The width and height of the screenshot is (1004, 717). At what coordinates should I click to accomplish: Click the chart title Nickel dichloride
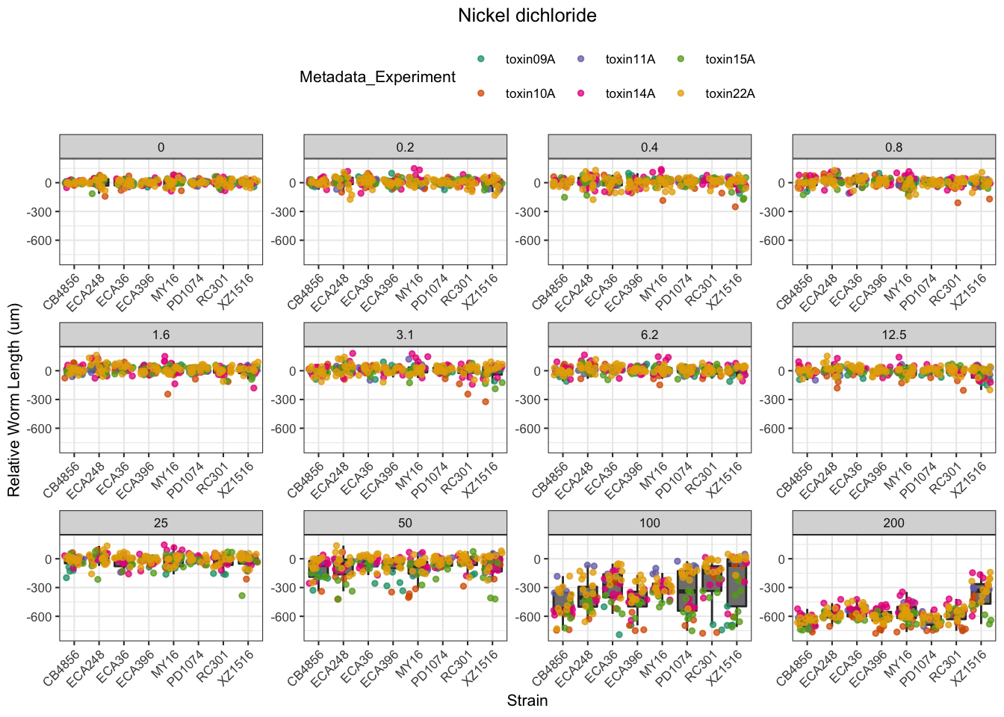click(527, 16)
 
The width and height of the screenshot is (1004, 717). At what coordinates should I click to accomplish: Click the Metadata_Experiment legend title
click(377, 77)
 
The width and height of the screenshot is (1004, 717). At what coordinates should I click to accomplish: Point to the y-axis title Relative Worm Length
click(14, 400)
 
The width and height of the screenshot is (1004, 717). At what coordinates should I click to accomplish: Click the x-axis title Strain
click(527, 701)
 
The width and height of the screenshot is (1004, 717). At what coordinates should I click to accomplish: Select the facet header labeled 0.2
click(405, 147)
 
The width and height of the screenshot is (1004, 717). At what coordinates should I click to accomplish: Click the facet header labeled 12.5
click(893, 335)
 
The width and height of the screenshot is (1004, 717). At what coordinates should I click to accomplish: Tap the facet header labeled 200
click(893, 523)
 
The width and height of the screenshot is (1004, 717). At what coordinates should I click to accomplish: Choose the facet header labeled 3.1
click(405, 335)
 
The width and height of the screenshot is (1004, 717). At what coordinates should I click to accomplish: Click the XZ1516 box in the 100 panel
click(737, 583)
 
